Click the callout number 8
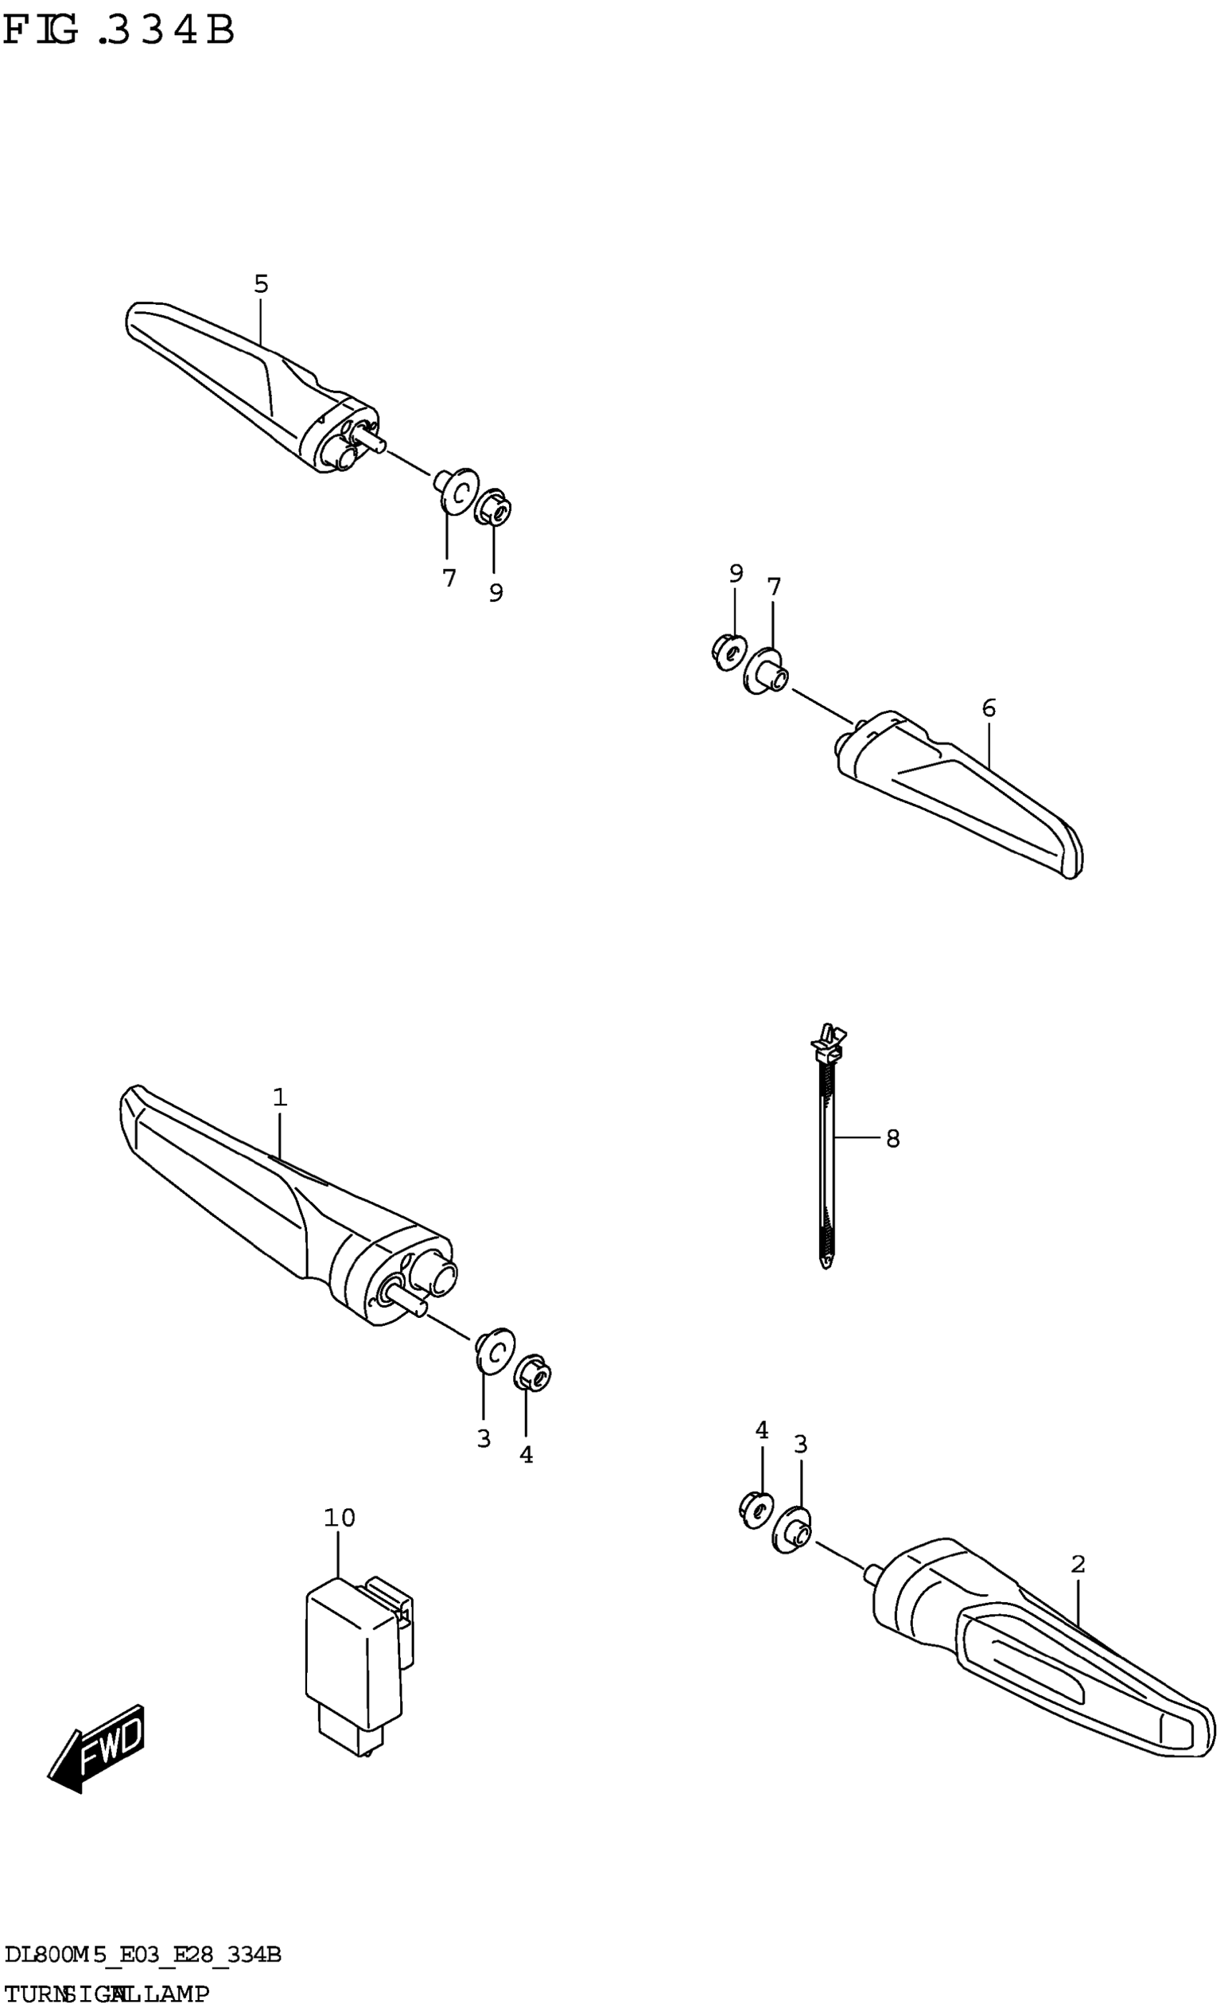(893, 1138)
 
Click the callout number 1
(280, 1097)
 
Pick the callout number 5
(260, 284)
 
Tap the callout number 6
(988, 708)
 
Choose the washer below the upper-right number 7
(765, 671)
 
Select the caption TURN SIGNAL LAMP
(106, 1994)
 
